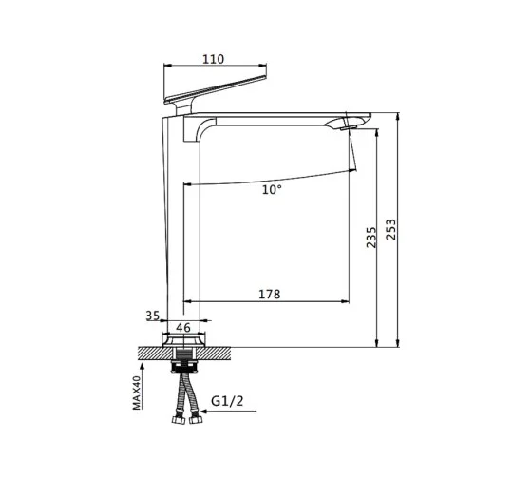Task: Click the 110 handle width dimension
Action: click(x=214, y=59)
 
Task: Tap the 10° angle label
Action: click(x=272, y=189)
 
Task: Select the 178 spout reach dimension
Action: click(x=270, y=294)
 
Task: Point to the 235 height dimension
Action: click(x=371, y=238)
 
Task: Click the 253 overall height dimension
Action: click(x=391, y=229)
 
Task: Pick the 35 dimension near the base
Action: click(x=153, y=316)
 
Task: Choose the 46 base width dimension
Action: click(x=183, y=328)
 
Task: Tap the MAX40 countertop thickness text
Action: click(x=137, y=393)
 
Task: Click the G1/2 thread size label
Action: click(x=227, y=401)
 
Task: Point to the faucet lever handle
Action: click(x=215, y=89)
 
